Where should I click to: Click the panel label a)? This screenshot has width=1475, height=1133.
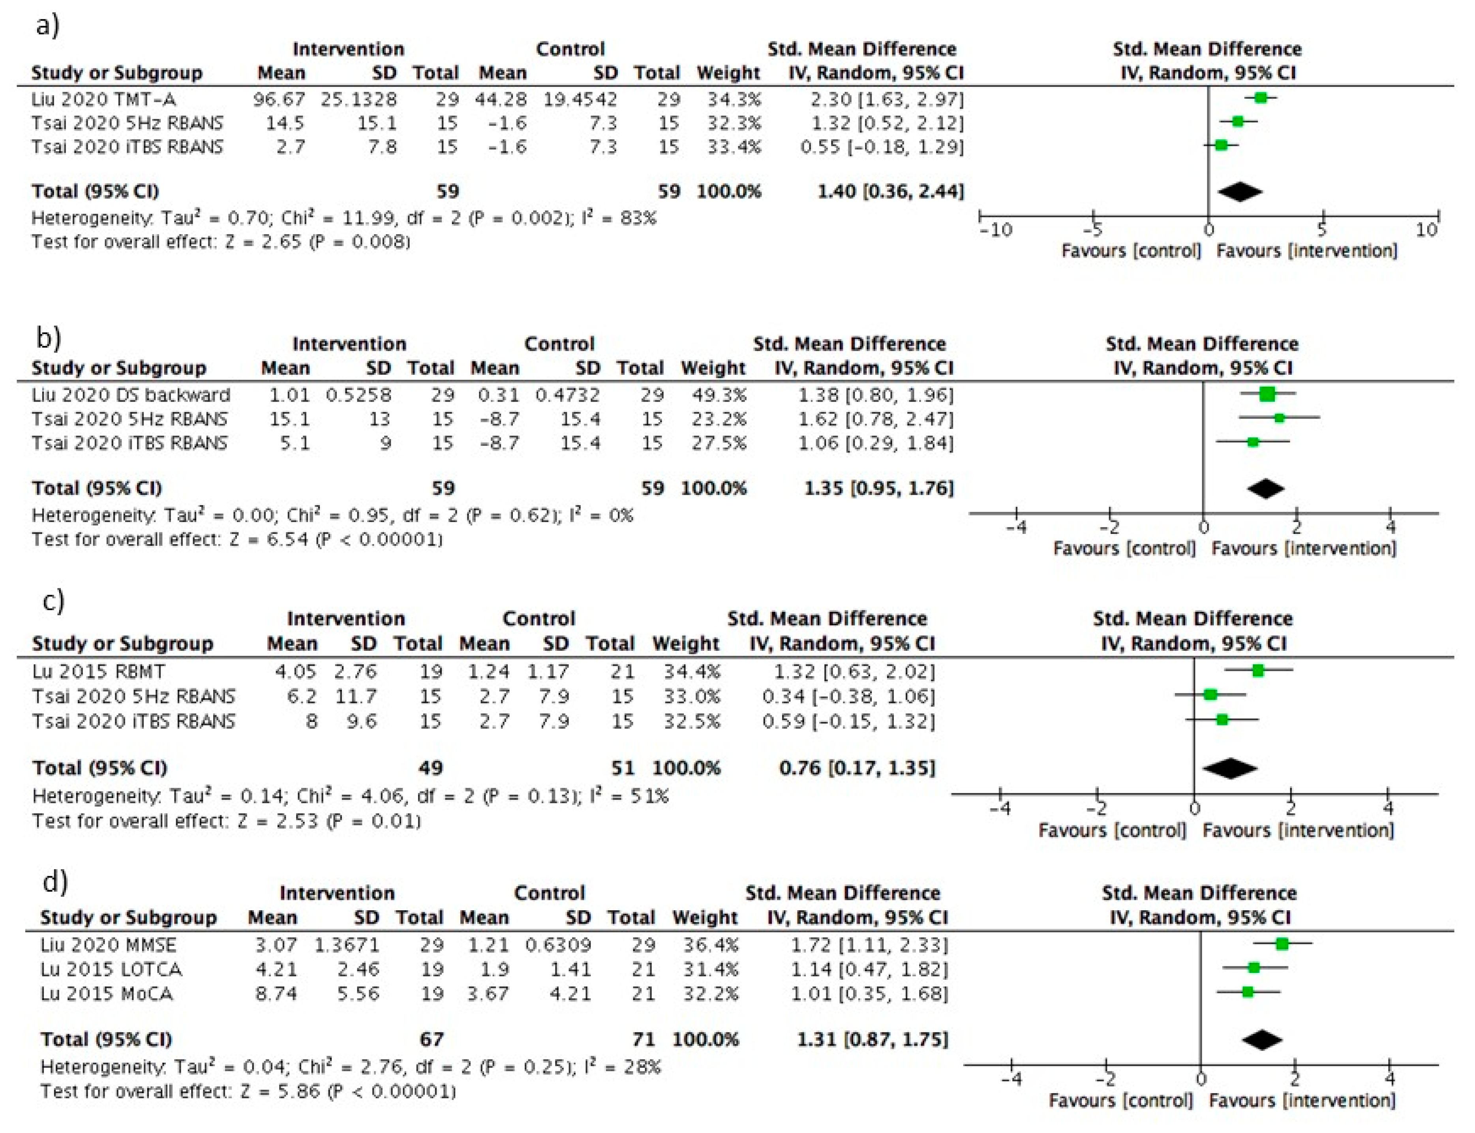click(x=47, y=26)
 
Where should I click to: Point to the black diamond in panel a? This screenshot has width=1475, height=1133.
click(x=1240, y=192)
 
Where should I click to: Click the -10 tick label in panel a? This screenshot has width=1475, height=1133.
click(x=996, y=231)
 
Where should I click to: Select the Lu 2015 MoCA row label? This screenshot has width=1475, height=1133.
click(x=107, y=993)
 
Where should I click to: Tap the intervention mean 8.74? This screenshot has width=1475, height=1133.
click(x=276, y=993)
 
